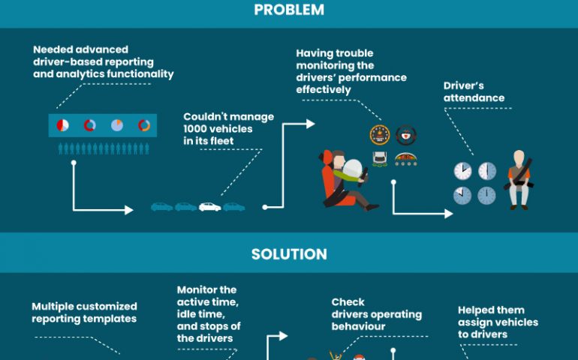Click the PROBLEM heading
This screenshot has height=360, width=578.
[289, 10]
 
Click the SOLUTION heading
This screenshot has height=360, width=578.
[289, 254]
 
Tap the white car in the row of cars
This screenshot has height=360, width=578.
[209, 207]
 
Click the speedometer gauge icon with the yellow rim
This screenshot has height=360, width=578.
[380, 135]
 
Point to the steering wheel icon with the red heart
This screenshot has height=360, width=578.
[406, 135]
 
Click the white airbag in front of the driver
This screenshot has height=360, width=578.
[352, 169]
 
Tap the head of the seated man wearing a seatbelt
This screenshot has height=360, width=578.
[519, 157]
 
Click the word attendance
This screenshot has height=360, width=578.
[474, 98]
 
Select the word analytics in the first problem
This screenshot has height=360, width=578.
[77, 74]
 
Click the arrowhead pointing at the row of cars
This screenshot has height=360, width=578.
[128, 210]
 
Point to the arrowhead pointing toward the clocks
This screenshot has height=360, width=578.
[449, 214]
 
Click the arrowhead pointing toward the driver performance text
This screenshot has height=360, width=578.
[310, 124]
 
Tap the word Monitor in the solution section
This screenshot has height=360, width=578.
[194, 290]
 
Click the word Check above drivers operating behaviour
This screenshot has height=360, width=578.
[348, 302]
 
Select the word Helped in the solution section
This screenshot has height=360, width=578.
[474, 310]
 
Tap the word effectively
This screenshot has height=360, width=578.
[324, 90]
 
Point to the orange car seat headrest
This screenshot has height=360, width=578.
[325, 157]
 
